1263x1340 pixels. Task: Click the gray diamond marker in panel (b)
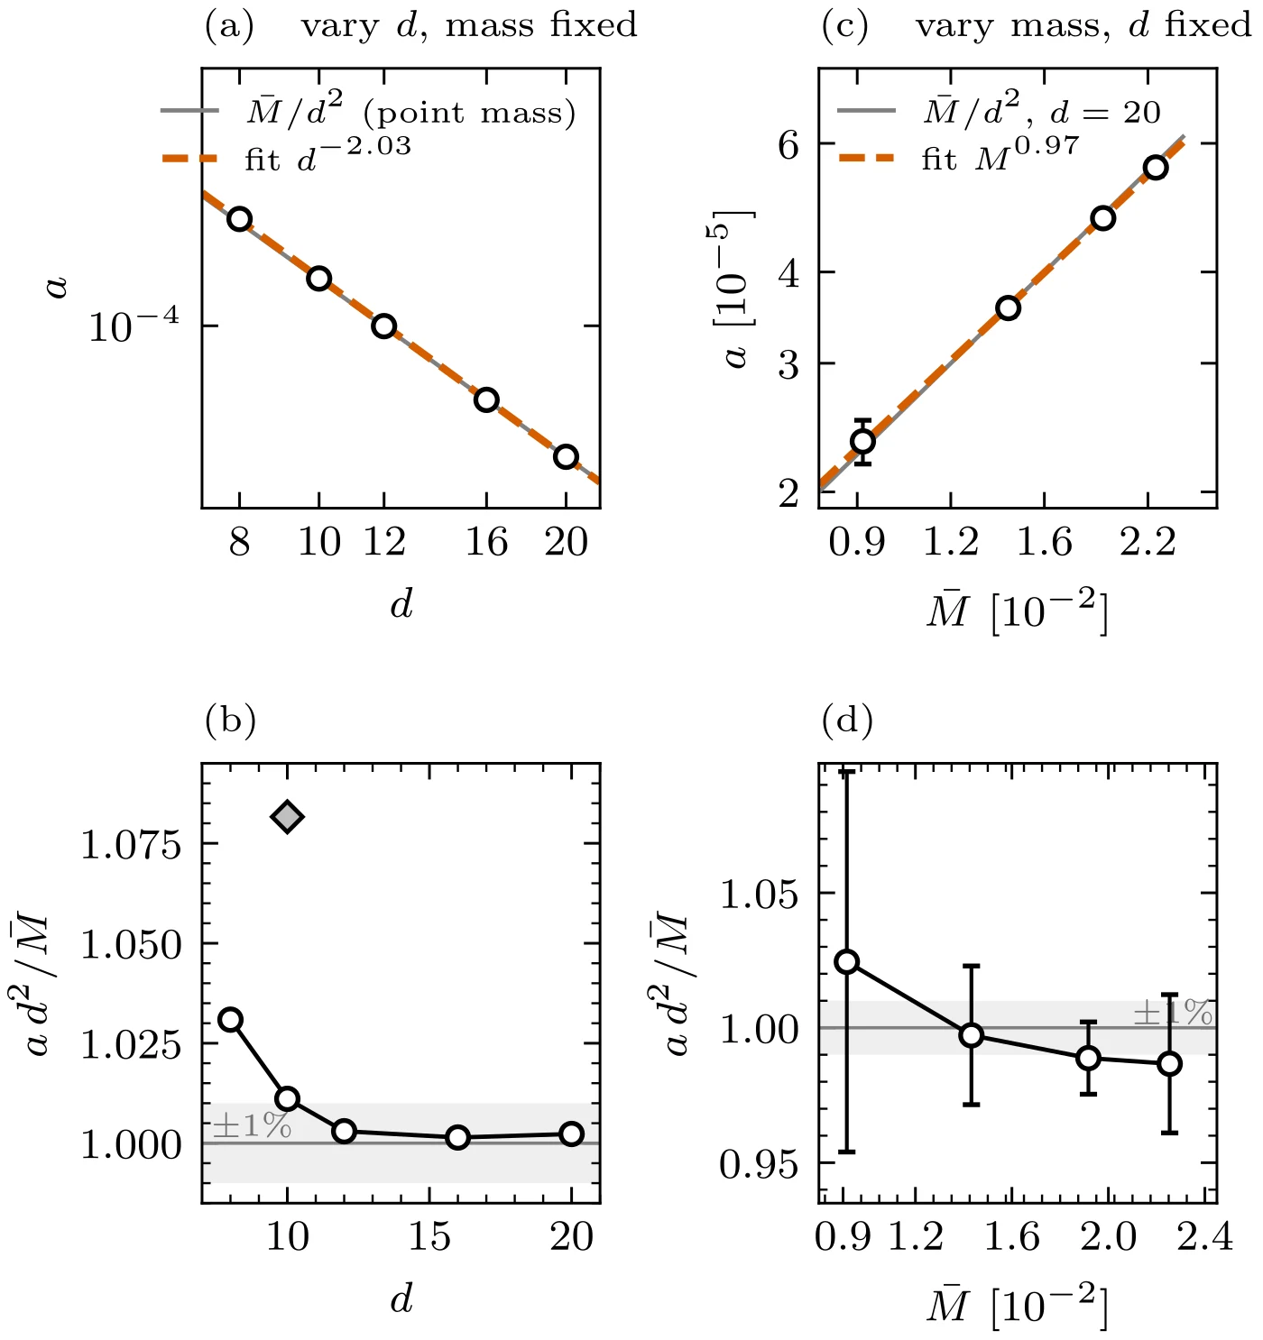(x=287, y=817)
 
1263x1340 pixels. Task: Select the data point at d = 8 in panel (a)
(x=240, y=219)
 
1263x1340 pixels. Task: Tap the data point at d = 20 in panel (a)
(x=566, y=457)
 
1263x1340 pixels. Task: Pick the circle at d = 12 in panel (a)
(x=384, y=326)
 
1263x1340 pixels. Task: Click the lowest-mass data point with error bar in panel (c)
(x=862, y=442)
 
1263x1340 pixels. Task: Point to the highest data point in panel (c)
(x=1156, y=168)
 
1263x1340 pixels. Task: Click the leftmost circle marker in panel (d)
(x=846, y=961)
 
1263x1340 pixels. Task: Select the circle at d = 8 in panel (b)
(x=231, y=1020)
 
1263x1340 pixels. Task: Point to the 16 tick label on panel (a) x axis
(x=486, y=542)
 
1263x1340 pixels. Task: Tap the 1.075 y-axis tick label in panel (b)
(x=131, y=844)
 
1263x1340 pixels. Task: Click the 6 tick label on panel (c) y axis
(x=788, y=144)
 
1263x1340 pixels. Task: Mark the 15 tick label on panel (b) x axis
(x=429, y=1237)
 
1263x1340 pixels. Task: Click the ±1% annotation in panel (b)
(x=252, y=1124)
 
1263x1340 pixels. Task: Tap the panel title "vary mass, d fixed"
(x=1083, y=25)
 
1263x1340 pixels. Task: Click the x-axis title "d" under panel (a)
(x=401, y=604)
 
